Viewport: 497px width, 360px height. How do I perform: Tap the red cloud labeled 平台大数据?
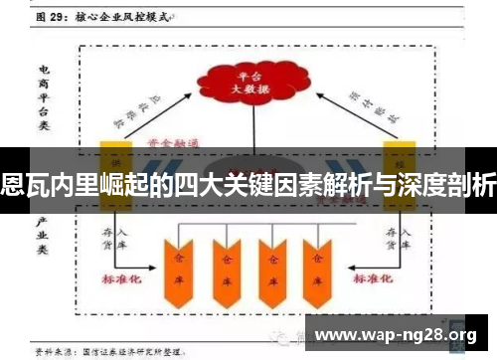pos(243,81)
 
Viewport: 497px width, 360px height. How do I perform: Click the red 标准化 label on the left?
pos(123,278)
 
